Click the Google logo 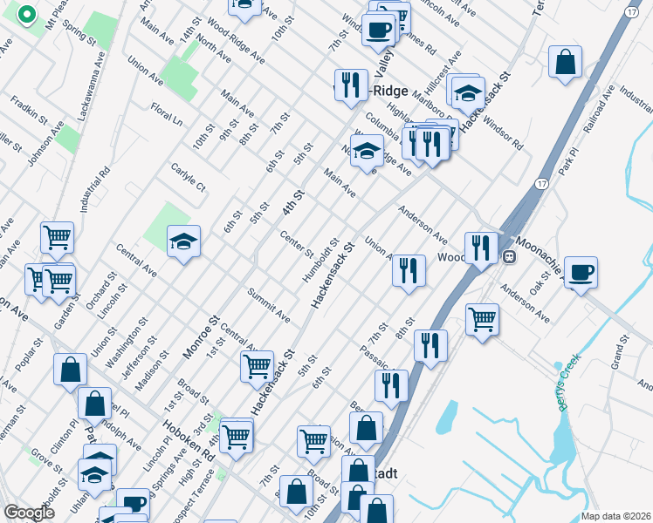pos(30,513)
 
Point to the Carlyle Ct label pos(188,176)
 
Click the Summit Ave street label pos(268,304)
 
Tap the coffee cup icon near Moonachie pos(581,272)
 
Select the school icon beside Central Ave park pos(183,241)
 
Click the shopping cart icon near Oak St pos(482,319)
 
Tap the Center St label pos(296,244)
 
